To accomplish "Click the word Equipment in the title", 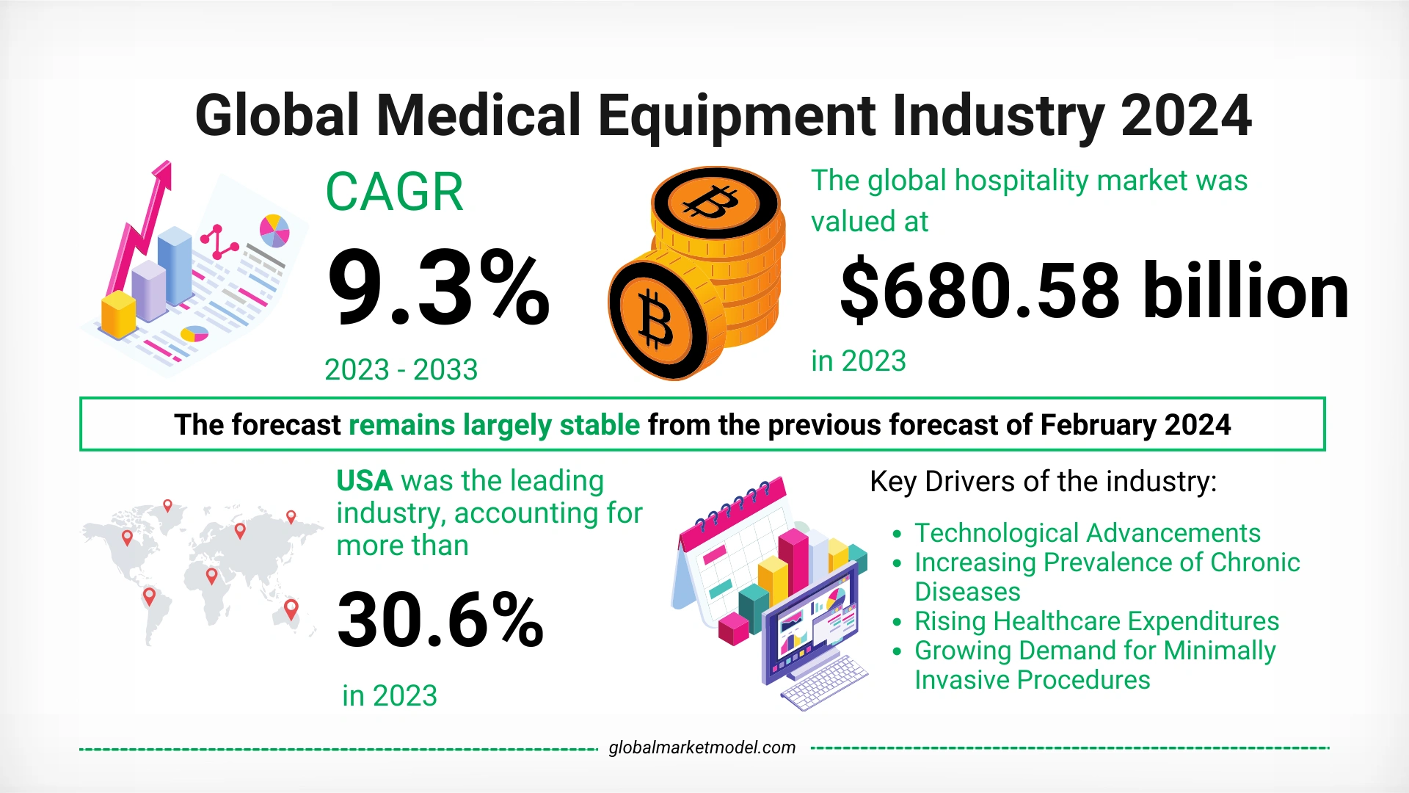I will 736,116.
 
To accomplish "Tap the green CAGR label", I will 394,192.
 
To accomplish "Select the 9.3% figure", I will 438,288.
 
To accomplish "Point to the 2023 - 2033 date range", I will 401,369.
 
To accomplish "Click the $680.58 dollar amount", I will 979,292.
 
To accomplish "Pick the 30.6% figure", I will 440,620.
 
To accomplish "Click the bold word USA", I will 365,481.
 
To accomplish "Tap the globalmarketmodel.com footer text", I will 702,747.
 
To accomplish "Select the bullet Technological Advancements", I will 1087,532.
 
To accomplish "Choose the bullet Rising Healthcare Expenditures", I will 1096,621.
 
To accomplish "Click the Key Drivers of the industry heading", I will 1043,482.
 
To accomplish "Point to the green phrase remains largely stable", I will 494,425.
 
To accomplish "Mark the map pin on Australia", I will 291,609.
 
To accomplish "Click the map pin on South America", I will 149,595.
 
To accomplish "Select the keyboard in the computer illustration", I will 824,682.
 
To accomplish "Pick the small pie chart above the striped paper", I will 274,230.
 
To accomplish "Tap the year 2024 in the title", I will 1185,116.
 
